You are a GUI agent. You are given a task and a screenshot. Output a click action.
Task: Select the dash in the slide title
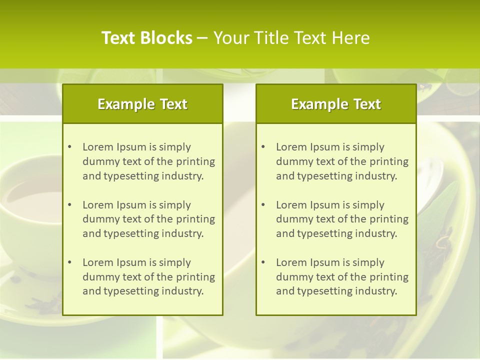click(202, 38)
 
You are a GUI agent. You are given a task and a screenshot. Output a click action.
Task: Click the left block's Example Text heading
click(142, 104)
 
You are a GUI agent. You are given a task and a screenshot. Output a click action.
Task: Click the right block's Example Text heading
click(336, 104)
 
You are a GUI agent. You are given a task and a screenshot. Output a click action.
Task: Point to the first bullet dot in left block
click(70, 147)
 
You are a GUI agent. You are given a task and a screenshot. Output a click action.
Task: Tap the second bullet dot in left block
click(70, 205)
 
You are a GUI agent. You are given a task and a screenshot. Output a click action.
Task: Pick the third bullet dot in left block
click(70, 262)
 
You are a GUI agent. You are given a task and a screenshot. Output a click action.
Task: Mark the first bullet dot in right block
click(263, 147)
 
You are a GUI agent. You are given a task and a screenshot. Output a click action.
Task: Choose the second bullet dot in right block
click(263, 205)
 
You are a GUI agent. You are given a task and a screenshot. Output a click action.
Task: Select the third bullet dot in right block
click(263, 262)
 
